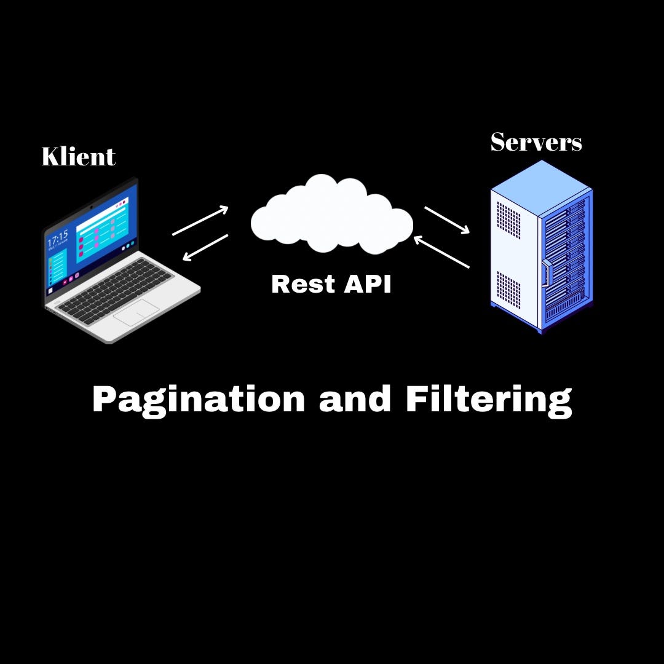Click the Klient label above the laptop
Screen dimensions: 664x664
(x=78, y=157)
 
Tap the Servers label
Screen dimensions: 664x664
(x=536, y=143)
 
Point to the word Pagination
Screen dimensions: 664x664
(x=199, y=399)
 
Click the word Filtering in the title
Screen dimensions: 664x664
(x=489, y=399)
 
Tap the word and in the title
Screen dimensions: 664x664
(x=355, y=399)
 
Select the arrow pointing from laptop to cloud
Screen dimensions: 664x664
(x=200, y=221)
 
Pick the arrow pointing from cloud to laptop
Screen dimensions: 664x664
(x=205, y=247)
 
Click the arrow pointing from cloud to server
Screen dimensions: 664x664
(x=447, y=220)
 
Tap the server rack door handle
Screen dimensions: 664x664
(x=545, y=274)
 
